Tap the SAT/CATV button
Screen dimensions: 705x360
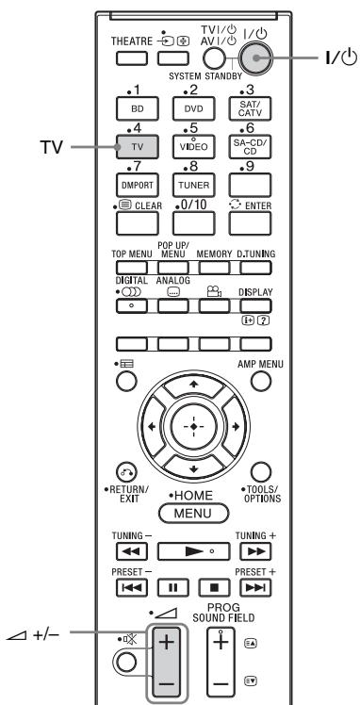[249, 109]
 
